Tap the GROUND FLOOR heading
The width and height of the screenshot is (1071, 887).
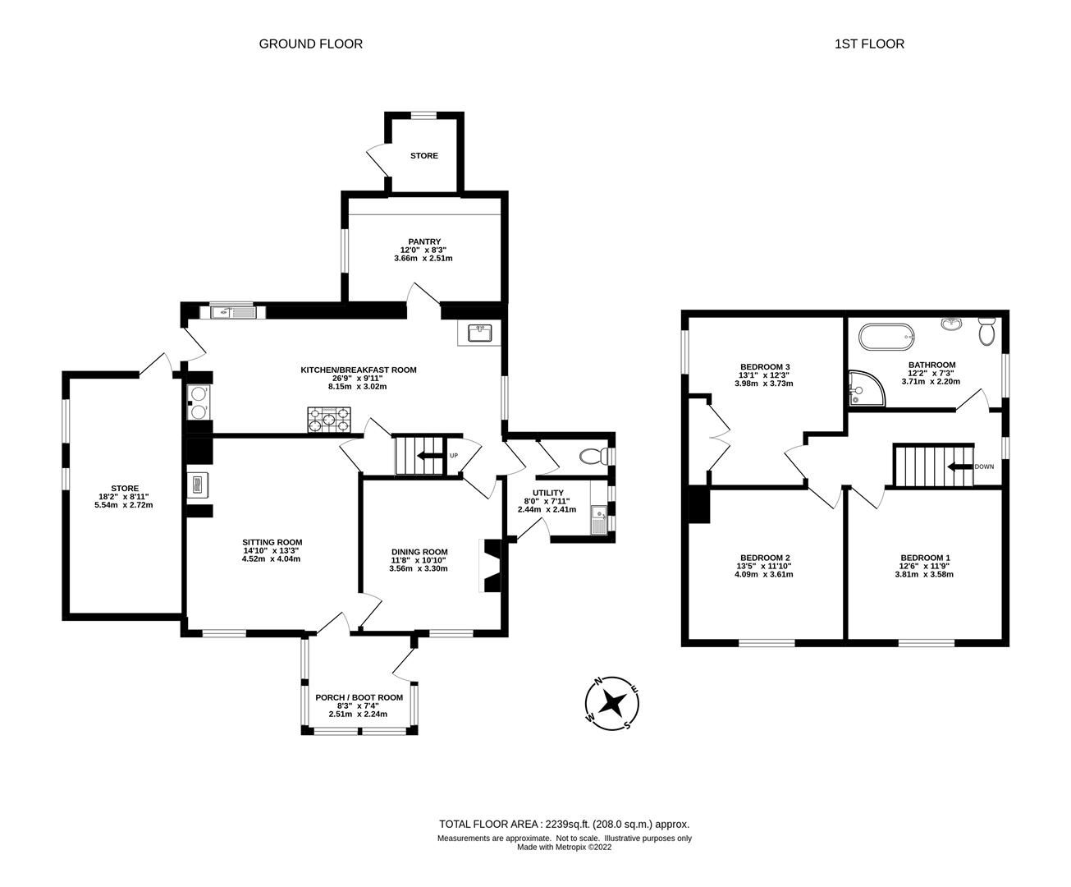tap(310, 44)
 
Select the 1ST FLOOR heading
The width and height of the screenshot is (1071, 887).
tap(869, 44)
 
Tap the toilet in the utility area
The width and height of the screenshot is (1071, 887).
tap(590, 456)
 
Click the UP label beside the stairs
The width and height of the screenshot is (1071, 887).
tap(453, 456)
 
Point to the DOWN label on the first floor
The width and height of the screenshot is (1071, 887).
tap(984, 466)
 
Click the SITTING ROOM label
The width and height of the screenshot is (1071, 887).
tap(272, 542)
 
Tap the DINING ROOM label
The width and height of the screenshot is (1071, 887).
tap(419, 552)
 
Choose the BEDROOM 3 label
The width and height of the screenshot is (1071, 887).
tap(765, 366)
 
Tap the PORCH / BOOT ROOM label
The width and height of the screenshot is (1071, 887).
tap(359, 697)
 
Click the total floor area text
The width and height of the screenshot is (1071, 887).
tap(564, 824)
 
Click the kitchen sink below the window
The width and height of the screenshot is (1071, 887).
tap(230, 311)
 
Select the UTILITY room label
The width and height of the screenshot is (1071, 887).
tap(547, 493)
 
